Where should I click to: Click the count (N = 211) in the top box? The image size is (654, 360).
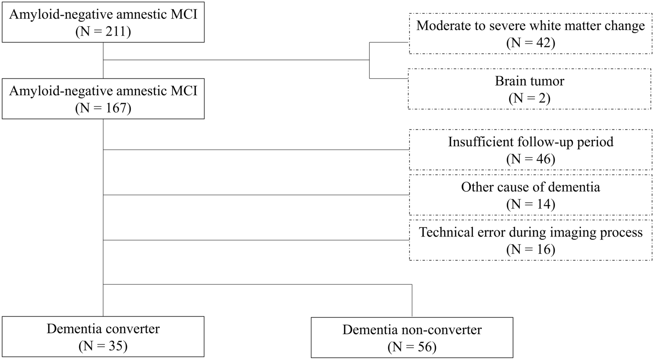coord(103,31)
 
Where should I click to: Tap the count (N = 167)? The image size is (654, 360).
coord(103,108)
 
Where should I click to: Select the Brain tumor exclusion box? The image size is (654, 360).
coord(529,89)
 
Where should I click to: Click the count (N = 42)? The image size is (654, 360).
coord(530,43)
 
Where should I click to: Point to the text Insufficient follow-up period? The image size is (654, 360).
coord(530,142)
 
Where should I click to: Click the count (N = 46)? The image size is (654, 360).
coord(530,159)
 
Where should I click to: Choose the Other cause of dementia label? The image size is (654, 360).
coord(530,187)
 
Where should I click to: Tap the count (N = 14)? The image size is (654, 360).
coord(530,204)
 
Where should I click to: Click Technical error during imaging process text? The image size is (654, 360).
coord(530,232)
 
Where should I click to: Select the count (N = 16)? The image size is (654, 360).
coord(530,249)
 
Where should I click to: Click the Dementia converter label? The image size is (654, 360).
coord(103,329)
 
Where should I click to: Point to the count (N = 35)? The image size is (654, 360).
coord(103,346)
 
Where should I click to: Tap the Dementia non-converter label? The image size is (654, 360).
coord(412,330)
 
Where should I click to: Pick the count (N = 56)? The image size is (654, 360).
coord(412,347)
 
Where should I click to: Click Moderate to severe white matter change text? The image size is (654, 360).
coord(530,26)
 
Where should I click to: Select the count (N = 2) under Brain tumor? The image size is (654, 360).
coord(529,98)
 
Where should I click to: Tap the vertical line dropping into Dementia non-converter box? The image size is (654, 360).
coord(412,301)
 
